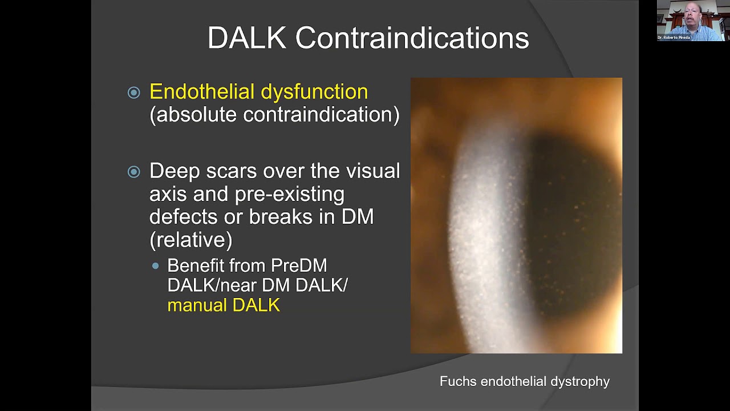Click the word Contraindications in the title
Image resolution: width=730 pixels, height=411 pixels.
(x=412, y=38)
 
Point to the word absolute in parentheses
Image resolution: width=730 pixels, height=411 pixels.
(x=197, y=115)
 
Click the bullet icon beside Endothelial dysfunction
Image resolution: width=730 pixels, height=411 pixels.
(x=134, y=92)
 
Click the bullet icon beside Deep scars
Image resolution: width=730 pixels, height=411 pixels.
(x=134, y=172)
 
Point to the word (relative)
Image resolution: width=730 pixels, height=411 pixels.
(x=190, y=240)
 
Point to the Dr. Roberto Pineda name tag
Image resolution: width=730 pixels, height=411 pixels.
(x=674, y=38)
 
